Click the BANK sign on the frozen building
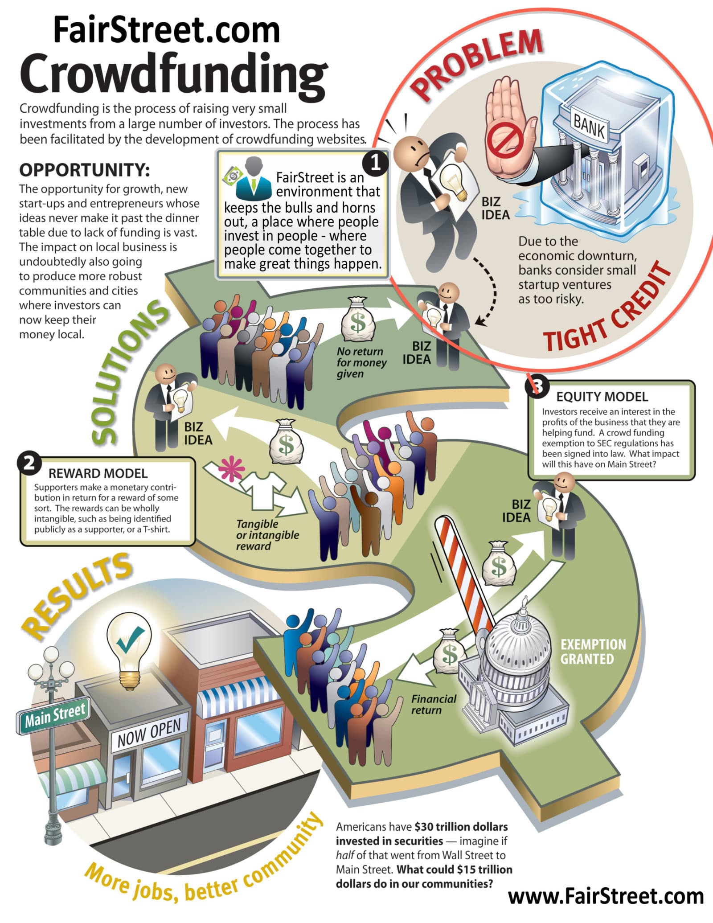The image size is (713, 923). click(589, 125)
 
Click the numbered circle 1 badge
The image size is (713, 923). click(375, 163)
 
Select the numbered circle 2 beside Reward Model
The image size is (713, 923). click(29, 464)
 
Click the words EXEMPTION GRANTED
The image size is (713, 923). click(593, 651)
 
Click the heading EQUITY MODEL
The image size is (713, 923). click(602, 397)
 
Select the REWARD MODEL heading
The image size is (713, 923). click(98, 473)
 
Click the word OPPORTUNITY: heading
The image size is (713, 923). click(84, 170)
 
